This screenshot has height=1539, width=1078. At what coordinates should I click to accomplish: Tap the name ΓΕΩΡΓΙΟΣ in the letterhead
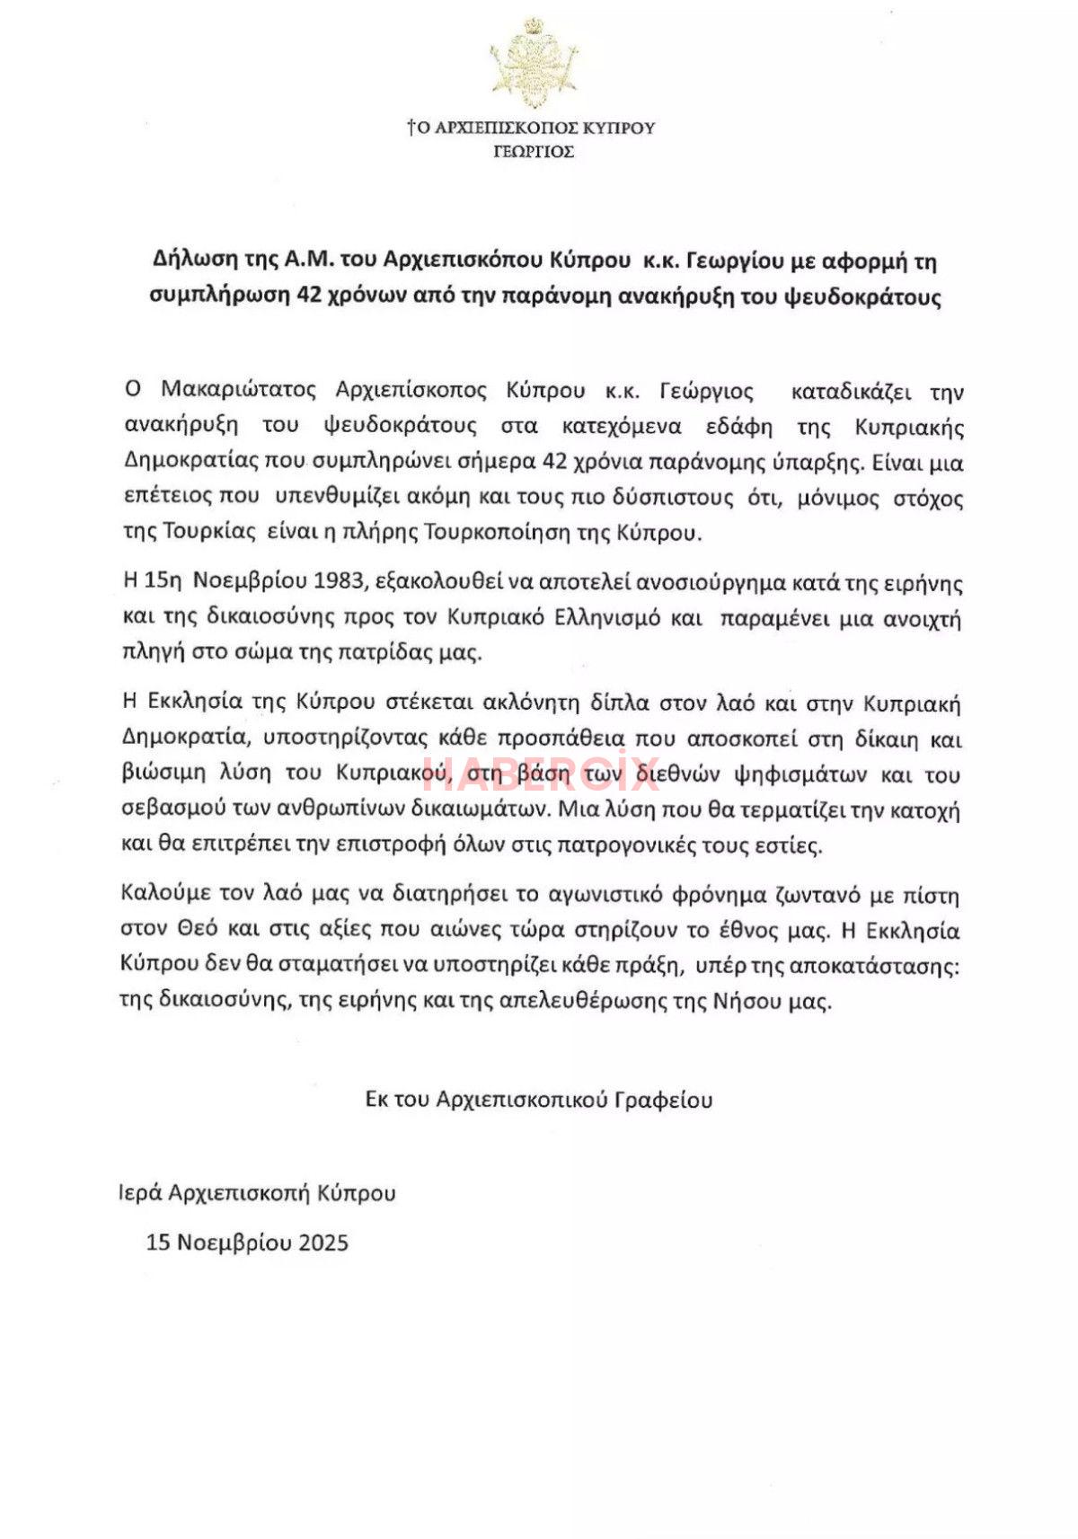[x=534, y=152]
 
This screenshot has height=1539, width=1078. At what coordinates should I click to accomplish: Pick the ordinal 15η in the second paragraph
[x=163, y=582]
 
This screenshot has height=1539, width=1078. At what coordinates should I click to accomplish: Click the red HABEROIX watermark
[x=542, y=773]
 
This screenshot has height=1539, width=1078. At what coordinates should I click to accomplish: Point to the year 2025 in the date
[x=323, y=1243]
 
